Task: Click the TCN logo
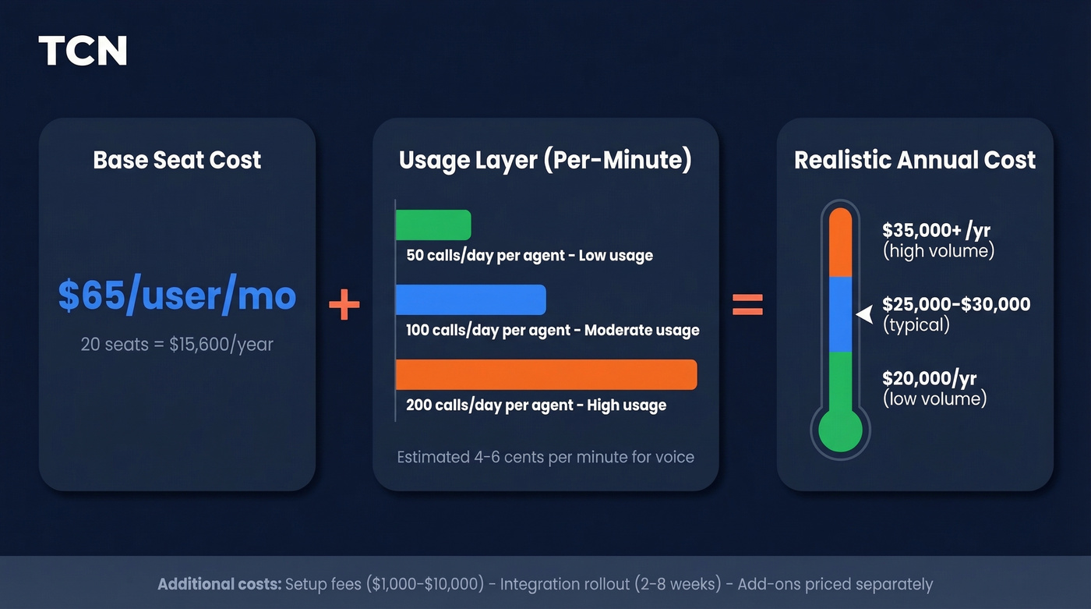tap(83, 51)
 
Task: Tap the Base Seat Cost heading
tap(177, 160)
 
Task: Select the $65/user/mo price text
tap(177, 296)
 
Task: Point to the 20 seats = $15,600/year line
tap(177, 344)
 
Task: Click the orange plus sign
tap(344, 306)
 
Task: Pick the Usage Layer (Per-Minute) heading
tap(545, 160)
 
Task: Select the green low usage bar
tap(433, 225)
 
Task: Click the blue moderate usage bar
tap(471, 299)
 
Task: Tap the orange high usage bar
tap(545, 374)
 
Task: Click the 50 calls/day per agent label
tap(529, 255)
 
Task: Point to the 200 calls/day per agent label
tap(536, 405)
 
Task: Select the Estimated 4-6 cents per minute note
tap(545, 457)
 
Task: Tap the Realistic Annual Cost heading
tap(915, 160)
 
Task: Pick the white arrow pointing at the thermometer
tap(864, 314)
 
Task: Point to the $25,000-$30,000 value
tap(956, 304)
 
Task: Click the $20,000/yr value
tap(929, 379)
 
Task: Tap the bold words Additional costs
tap(219, 584)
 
